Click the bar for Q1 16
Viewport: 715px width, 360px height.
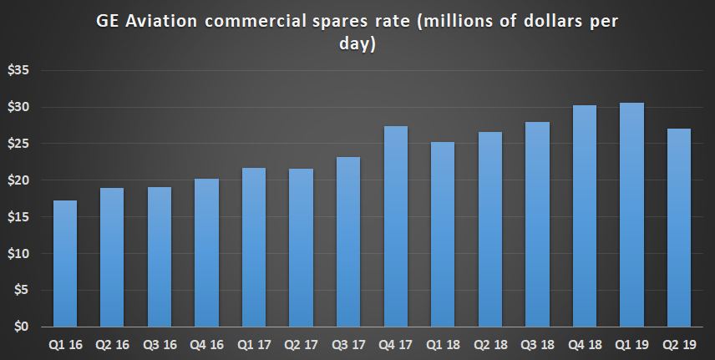coord(64,263)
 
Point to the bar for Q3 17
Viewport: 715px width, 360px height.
coord(348,241)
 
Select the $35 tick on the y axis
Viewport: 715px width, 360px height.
coord(18,71)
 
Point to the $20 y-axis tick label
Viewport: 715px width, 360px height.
coord(18,180)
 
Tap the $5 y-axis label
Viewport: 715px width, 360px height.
coord(21,290)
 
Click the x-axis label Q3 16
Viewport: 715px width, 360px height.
coord(159,343)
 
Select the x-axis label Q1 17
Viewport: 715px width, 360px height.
coord(254,343)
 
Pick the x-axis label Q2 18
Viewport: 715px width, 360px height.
coord(490,343)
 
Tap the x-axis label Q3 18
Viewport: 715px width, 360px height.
coord(538,343)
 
